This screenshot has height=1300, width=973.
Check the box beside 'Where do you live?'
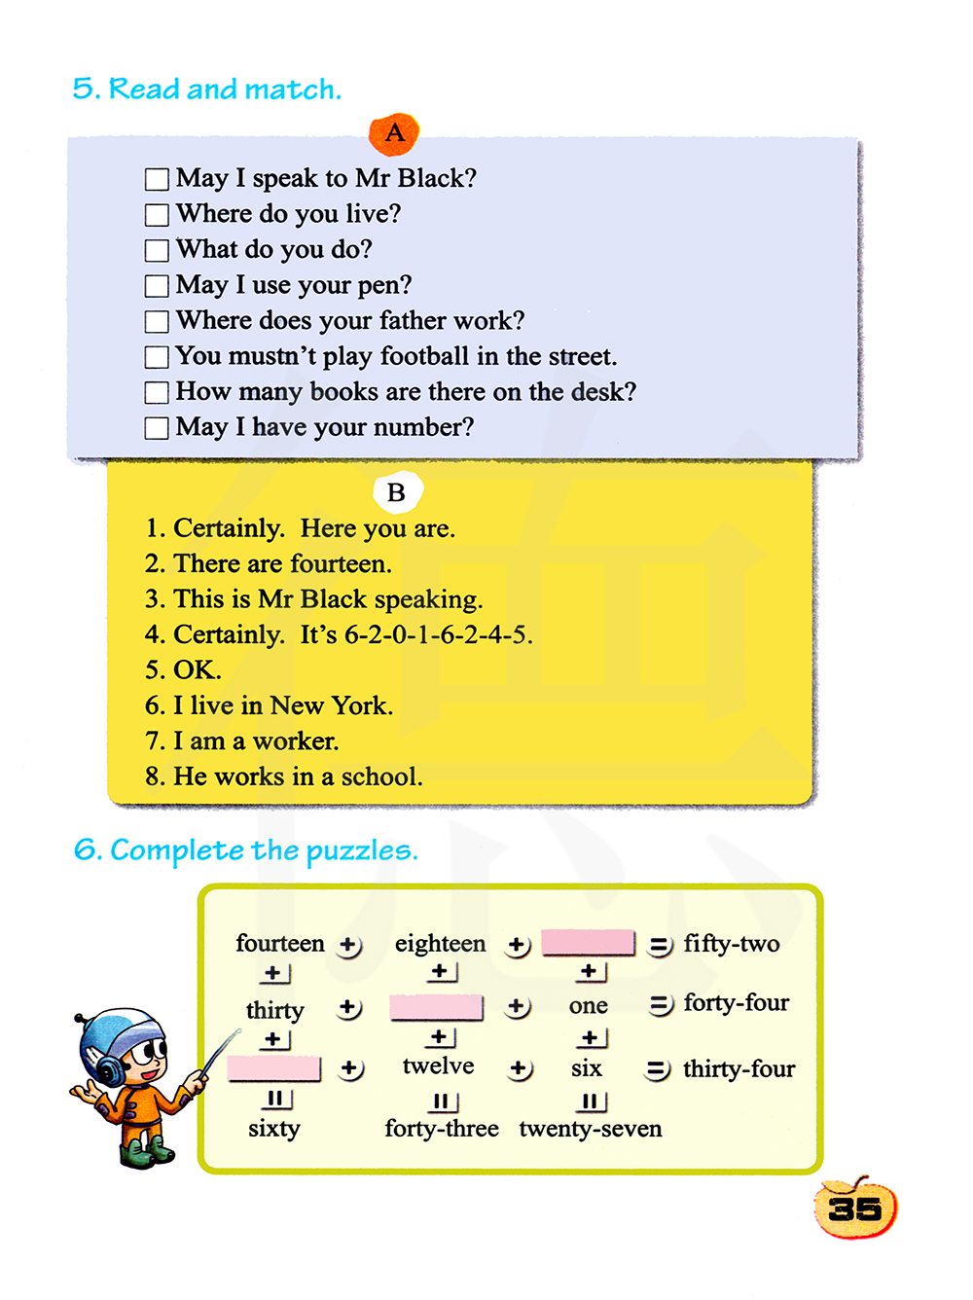tap(157, 215)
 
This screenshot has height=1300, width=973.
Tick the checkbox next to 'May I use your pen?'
tap(157, 286)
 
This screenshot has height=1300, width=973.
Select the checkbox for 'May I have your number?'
tap(157, 428)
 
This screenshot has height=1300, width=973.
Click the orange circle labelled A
tap(394, 133)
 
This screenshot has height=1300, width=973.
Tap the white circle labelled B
tap(397, 492)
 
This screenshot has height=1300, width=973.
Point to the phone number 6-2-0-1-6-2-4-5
tap(438, 634)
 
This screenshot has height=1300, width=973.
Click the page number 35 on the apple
tap(855, 1209)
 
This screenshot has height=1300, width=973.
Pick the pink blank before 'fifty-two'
tap(588, 943)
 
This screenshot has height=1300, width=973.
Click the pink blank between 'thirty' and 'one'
tap(436, 1007)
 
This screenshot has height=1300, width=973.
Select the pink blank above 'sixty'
tap(273, 1068)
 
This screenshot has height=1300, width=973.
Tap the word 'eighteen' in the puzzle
tap(440, 943)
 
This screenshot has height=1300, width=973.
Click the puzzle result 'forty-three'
tap(442, 1129)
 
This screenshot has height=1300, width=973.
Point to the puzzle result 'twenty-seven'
tap(591, 1129)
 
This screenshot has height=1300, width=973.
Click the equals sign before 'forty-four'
tap(661, 1004)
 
